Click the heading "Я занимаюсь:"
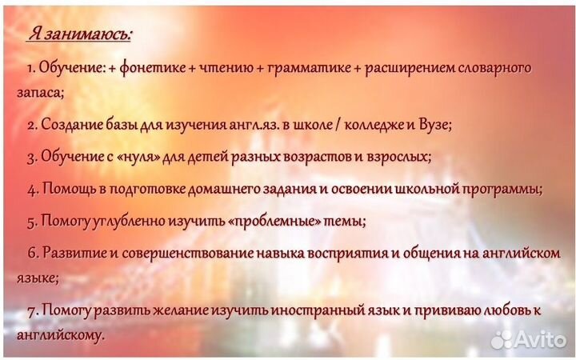81,34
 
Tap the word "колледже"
375,125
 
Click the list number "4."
33,190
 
